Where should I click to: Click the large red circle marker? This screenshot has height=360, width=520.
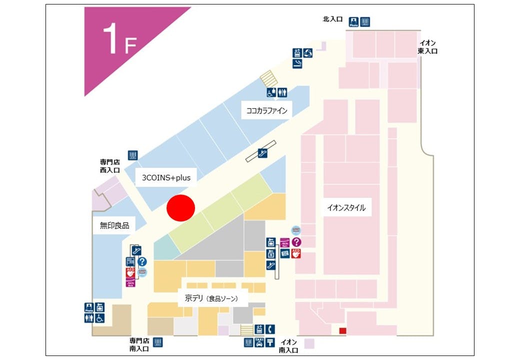click(180, 207)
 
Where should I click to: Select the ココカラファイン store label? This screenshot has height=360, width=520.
click(267, 110)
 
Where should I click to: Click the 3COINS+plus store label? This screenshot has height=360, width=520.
click(166, 177)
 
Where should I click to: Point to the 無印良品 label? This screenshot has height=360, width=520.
click(114, 225)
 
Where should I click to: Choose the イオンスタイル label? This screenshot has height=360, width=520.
click(346, 207)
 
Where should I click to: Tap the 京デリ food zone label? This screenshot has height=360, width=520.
click(210, 298)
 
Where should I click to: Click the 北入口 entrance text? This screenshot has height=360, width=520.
click(332, 19)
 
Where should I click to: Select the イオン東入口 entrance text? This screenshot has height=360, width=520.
click(428, 47)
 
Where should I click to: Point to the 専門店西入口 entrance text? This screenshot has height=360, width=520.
click(110, 166)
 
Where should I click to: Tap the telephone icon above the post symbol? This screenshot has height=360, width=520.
click(270, 329)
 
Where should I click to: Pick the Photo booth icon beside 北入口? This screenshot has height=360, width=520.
click(354, 21)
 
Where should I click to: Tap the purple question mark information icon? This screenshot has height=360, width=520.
click(296, 242)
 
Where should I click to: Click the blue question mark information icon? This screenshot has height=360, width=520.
click(142, 261)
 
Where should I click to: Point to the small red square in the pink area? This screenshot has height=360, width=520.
click(342, 330)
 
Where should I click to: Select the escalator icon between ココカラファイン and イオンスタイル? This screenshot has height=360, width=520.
click(262, 151)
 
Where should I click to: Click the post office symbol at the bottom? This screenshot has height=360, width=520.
click(270, 342)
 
